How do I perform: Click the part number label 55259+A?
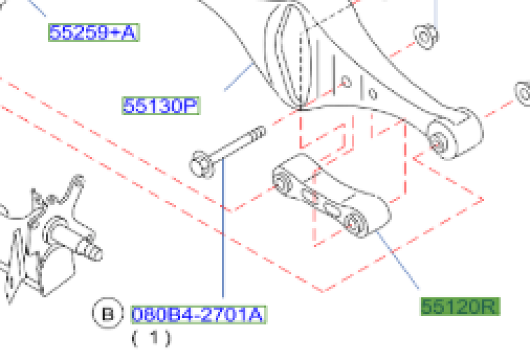94,32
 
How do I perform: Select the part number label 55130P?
161,106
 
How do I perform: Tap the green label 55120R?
460,306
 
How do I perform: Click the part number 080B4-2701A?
198,315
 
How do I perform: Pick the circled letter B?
108,313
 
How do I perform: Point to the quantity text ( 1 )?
152,338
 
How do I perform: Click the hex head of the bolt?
201,164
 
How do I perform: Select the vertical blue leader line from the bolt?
223,227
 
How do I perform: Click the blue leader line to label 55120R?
398,260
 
